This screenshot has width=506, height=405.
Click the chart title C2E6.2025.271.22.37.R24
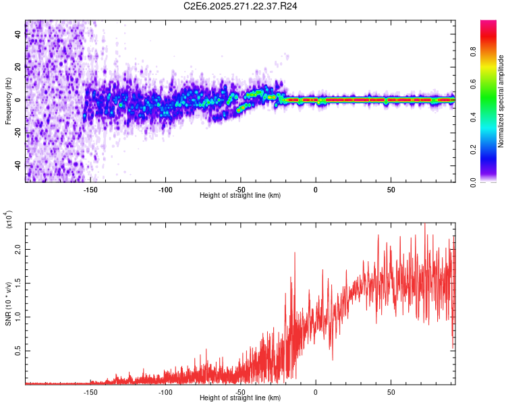(241, 6)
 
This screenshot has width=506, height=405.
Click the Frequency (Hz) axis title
(8, 101)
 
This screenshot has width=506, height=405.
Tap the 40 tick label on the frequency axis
(18, 34)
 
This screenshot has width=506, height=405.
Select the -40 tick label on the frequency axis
(18, 165)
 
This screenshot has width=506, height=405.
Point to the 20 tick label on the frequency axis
(18, 67)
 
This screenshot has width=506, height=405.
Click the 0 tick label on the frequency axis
(18, 99)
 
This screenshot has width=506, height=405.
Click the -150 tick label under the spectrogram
(90, 189)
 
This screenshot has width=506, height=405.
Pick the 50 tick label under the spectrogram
(391, 189)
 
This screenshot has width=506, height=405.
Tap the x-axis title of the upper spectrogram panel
(240, 196)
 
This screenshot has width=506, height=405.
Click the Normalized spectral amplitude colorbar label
(501, 101)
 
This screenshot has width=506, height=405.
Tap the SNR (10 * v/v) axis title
(8, 304)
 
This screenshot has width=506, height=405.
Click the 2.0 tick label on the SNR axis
(18, 250)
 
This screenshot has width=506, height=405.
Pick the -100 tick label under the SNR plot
(165, 391)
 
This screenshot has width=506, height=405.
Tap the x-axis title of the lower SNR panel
(240, 398)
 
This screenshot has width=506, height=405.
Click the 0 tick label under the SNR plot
(316, 391)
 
